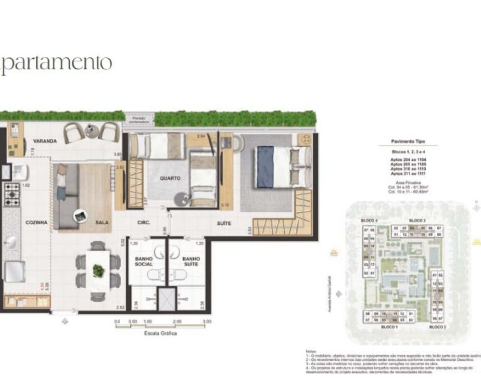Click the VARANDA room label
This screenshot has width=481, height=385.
click(x=45, y=141)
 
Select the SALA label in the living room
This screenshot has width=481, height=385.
click(x=101, y=223)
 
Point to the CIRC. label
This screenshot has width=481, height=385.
click(x=144, y=223)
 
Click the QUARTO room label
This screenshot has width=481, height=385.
click(x=170, y=178)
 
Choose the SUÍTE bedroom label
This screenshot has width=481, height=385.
click(x=224, y=223)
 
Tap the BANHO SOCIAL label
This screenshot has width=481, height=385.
click(x=144, y=261)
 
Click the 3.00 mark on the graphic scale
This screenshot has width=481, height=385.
click(x=206, y=321)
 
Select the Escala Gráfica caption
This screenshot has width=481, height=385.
click(x=161, y=333)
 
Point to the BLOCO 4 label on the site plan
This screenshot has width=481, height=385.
click(x=369, y=220)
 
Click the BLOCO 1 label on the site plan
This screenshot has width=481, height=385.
click(x=389, y=327)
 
